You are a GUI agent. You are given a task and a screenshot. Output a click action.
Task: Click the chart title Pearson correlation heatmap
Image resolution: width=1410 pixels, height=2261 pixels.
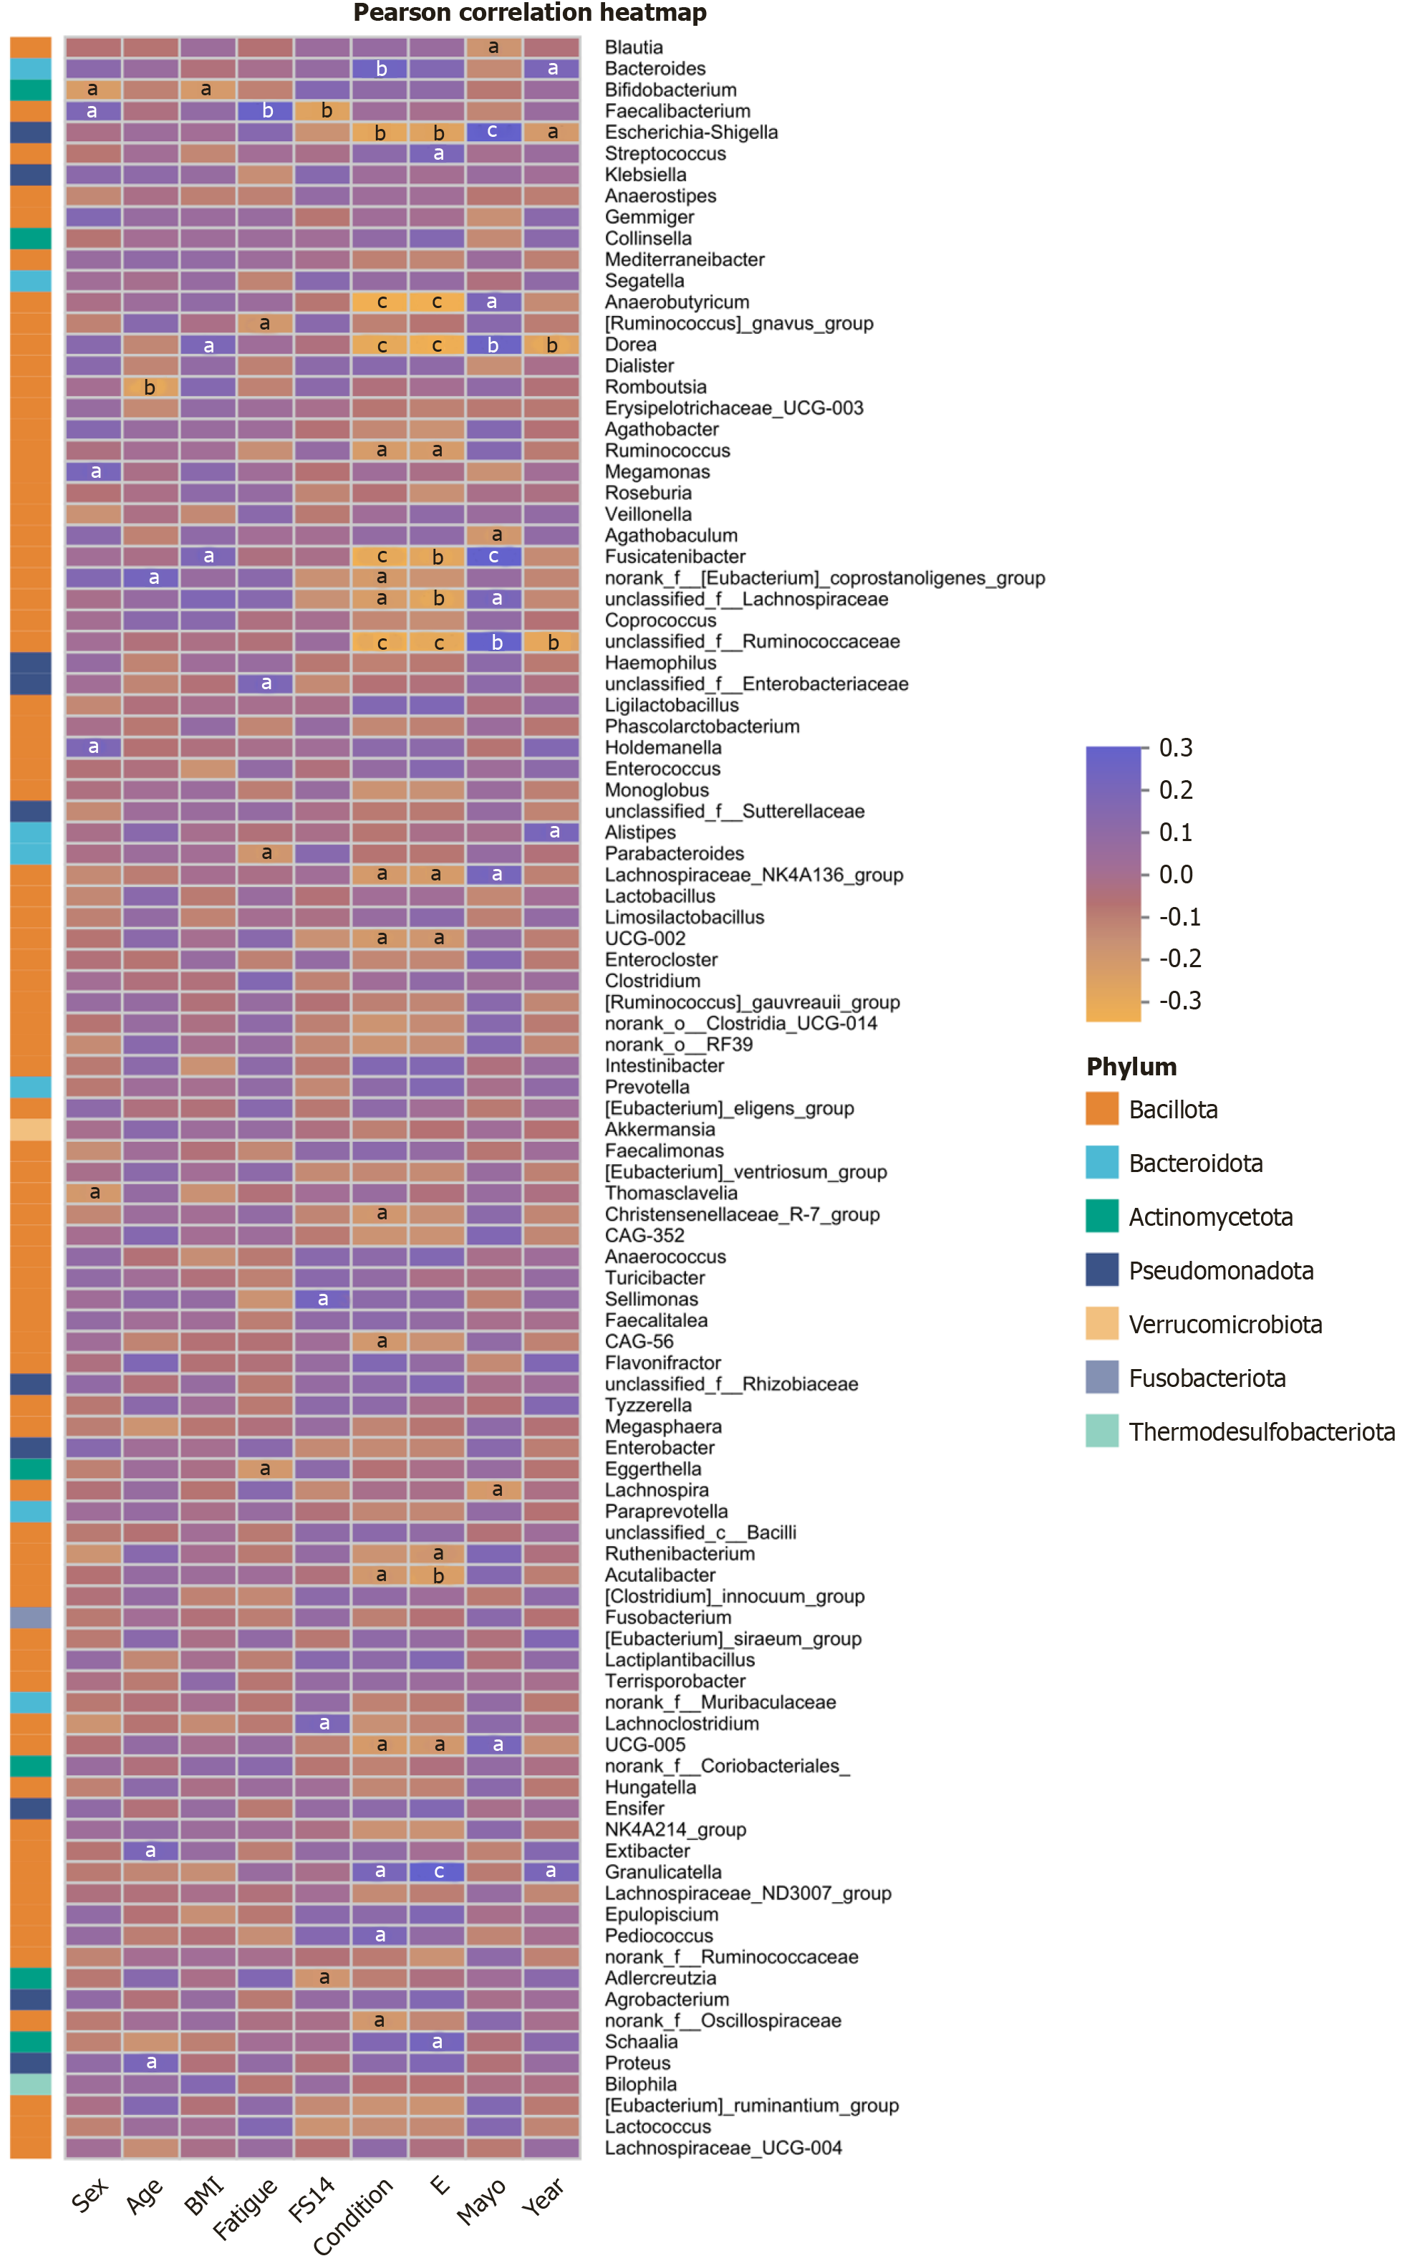530,13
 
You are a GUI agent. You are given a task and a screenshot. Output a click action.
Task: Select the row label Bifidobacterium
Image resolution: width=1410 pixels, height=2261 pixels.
670,90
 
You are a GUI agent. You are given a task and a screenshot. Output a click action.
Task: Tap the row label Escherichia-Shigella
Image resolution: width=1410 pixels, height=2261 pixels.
691,133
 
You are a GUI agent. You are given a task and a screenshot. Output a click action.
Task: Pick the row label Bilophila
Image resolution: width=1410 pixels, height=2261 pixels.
641,2085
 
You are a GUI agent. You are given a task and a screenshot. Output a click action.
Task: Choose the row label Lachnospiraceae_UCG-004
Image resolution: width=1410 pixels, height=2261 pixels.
723,2148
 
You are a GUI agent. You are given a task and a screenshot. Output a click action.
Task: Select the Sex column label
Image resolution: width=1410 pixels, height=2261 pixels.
90,2196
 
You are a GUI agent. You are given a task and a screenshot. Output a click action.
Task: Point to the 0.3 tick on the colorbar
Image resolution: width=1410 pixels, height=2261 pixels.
1175,748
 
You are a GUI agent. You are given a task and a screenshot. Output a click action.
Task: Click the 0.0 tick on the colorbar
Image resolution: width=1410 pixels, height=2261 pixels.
1175,875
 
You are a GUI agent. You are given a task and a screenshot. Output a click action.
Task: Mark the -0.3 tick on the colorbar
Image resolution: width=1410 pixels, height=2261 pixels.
1179,1001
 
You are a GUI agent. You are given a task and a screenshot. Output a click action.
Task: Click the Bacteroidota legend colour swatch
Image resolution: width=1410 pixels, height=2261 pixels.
1101,1162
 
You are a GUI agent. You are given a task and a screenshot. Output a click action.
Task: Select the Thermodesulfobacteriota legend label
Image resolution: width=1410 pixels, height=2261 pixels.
1262,1432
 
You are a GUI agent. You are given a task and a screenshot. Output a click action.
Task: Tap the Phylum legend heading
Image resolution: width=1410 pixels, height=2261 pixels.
1131,1067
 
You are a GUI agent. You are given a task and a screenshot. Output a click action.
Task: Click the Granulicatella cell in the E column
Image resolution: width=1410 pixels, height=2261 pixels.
438,1872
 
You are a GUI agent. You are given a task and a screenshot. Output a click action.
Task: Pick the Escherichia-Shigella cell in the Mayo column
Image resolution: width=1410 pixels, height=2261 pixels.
493,133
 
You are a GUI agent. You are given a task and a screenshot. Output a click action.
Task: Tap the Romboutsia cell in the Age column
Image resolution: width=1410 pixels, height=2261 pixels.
150,387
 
